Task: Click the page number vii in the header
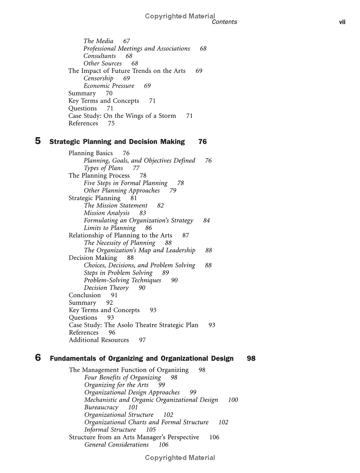pos(342,22)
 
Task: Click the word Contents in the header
pos(224,22)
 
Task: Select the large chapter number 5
pos(38,141)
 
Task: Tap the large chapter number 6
pos(38,358)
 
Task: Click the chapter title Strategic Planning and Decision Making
pos(117,142)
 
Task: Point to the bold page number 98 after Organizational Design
pos(251,358)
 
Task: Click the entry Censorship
pos(99,78)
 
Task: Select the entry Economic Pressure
pos(109,86)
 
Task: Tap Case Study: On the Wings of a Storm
pos(122,116)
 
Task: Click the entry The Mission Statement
pos(116,205)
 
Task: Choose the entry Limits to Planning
pos(110,228)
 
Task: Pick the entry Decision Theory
pos(106,288)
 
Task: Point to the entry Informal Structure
pos(110,430)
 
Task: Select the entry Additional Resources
pos(99,340)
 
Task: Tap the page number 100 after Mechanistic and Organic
pos(233,400)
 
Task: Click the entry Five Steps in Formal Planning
pos(126,183)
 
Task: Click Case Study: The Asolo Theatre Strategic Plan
pos(134,325)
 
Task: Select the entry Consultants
pos(99,56)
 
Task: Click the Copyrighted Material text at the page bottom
pos(180,458)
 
